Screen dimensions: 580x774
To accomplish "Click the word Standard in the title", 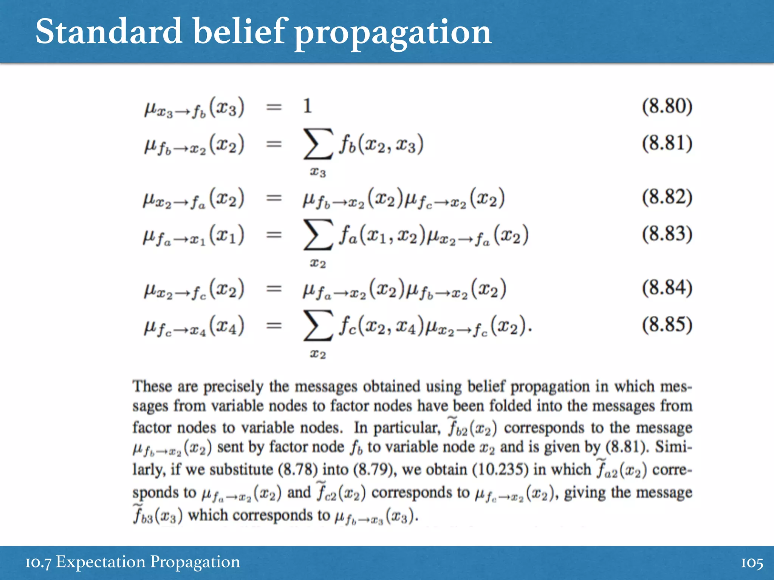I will pyautogui.click(x=109, y=32).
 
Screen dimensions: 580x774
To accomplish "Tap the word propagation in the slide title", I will pyautogui.click(x=393, y=33).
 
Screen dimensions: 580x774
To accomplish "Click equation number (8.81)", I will pyautogui.click(x=667, y=143).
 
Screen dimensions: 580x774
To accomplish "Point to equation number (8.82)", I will pyautogui.click(x=667, y=197).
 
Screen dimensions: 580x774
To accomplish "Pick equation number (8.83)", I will pyautogui.click(x=667, y=234).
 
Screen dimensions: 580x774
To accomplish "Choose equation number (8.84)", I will pyautogui.click(x=667, y=288).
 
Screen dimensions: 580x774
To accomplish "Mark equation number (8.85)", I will pyautogui.click(x=667, y=325).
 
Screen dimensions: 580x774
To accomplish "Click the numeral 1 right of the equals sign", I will pyautogui.click(x=307, y=106).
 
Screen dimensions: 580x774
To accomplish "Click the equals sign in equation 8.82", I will pyautogui.click(x=274, y=198).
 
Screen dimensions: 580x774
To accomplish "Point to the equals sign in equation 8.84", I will pyautogui.click(x=274, y=289).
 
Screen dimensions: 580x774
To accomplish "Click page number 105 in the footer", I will pyautogui.click(x=752, y=563).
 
